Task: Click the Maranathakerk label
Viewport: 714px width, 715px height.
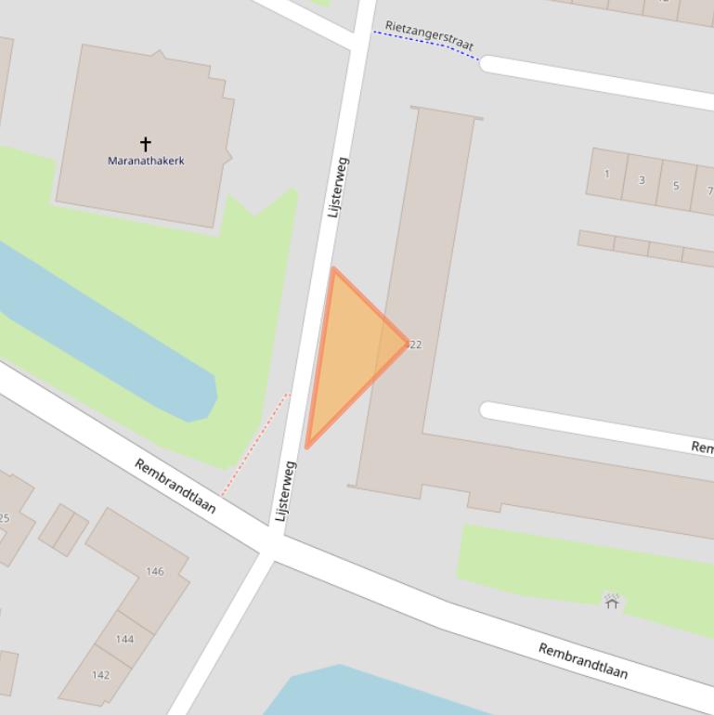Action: pyautogui.click(x=146, y=161)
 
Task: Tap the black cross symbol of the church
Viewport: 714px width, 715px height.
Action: pyautogui.click(x=146, y=143)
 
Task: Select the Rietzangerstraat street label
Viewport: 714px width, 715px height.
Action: pyautogui.click(x=429, y=35)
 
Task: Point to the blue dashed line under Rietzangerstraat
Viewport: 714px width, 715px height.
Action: pyautogui.click(x=427, y=43)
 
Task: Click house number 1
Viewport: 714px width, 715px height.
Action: pyautogui.click(x=607, y=174)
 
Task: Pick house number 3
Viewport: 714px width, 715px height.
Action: pyautogui.click(x=642, y=180)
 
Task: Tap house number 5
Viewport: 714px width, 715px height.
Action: pyautogui.click(x=676, y=186)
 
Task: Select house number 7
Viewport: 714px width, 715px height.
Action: pyautogui.click(x=708, y=191)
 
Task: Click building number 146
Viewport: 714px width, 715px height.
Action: pyautogui.click(x=155, y=571)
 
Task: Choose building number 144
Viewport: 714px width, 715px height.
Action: pyautogui.click(x=124, y=639)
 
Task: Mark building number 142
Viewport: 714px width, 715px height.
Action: pyautogui.click(x=100, y=675)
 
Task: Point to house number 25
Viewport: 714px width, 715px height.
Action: pyautogui.click(x=4, y=518)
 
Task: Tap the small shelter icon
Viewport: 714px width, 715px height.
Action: pyautogui.click(x=612, y=602)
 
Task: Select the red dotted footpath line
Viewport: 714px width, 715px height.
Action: pyautogui.click(x=255, y=444)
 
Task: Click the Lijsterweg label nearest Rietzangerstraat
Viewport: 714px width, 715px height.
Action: pyautogui.click(x=338, y=188)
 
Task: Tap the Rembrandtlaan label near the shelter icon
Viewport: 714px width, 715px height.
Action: pyautogui.click(x=583, y=660)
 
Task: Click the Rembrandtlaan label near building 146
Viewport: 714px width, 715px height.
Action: pyautogui.click(x=175, y=486)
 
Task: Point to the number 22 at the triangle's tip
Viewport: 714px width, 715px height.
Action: pyautogui.click(x=415, y=344)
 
